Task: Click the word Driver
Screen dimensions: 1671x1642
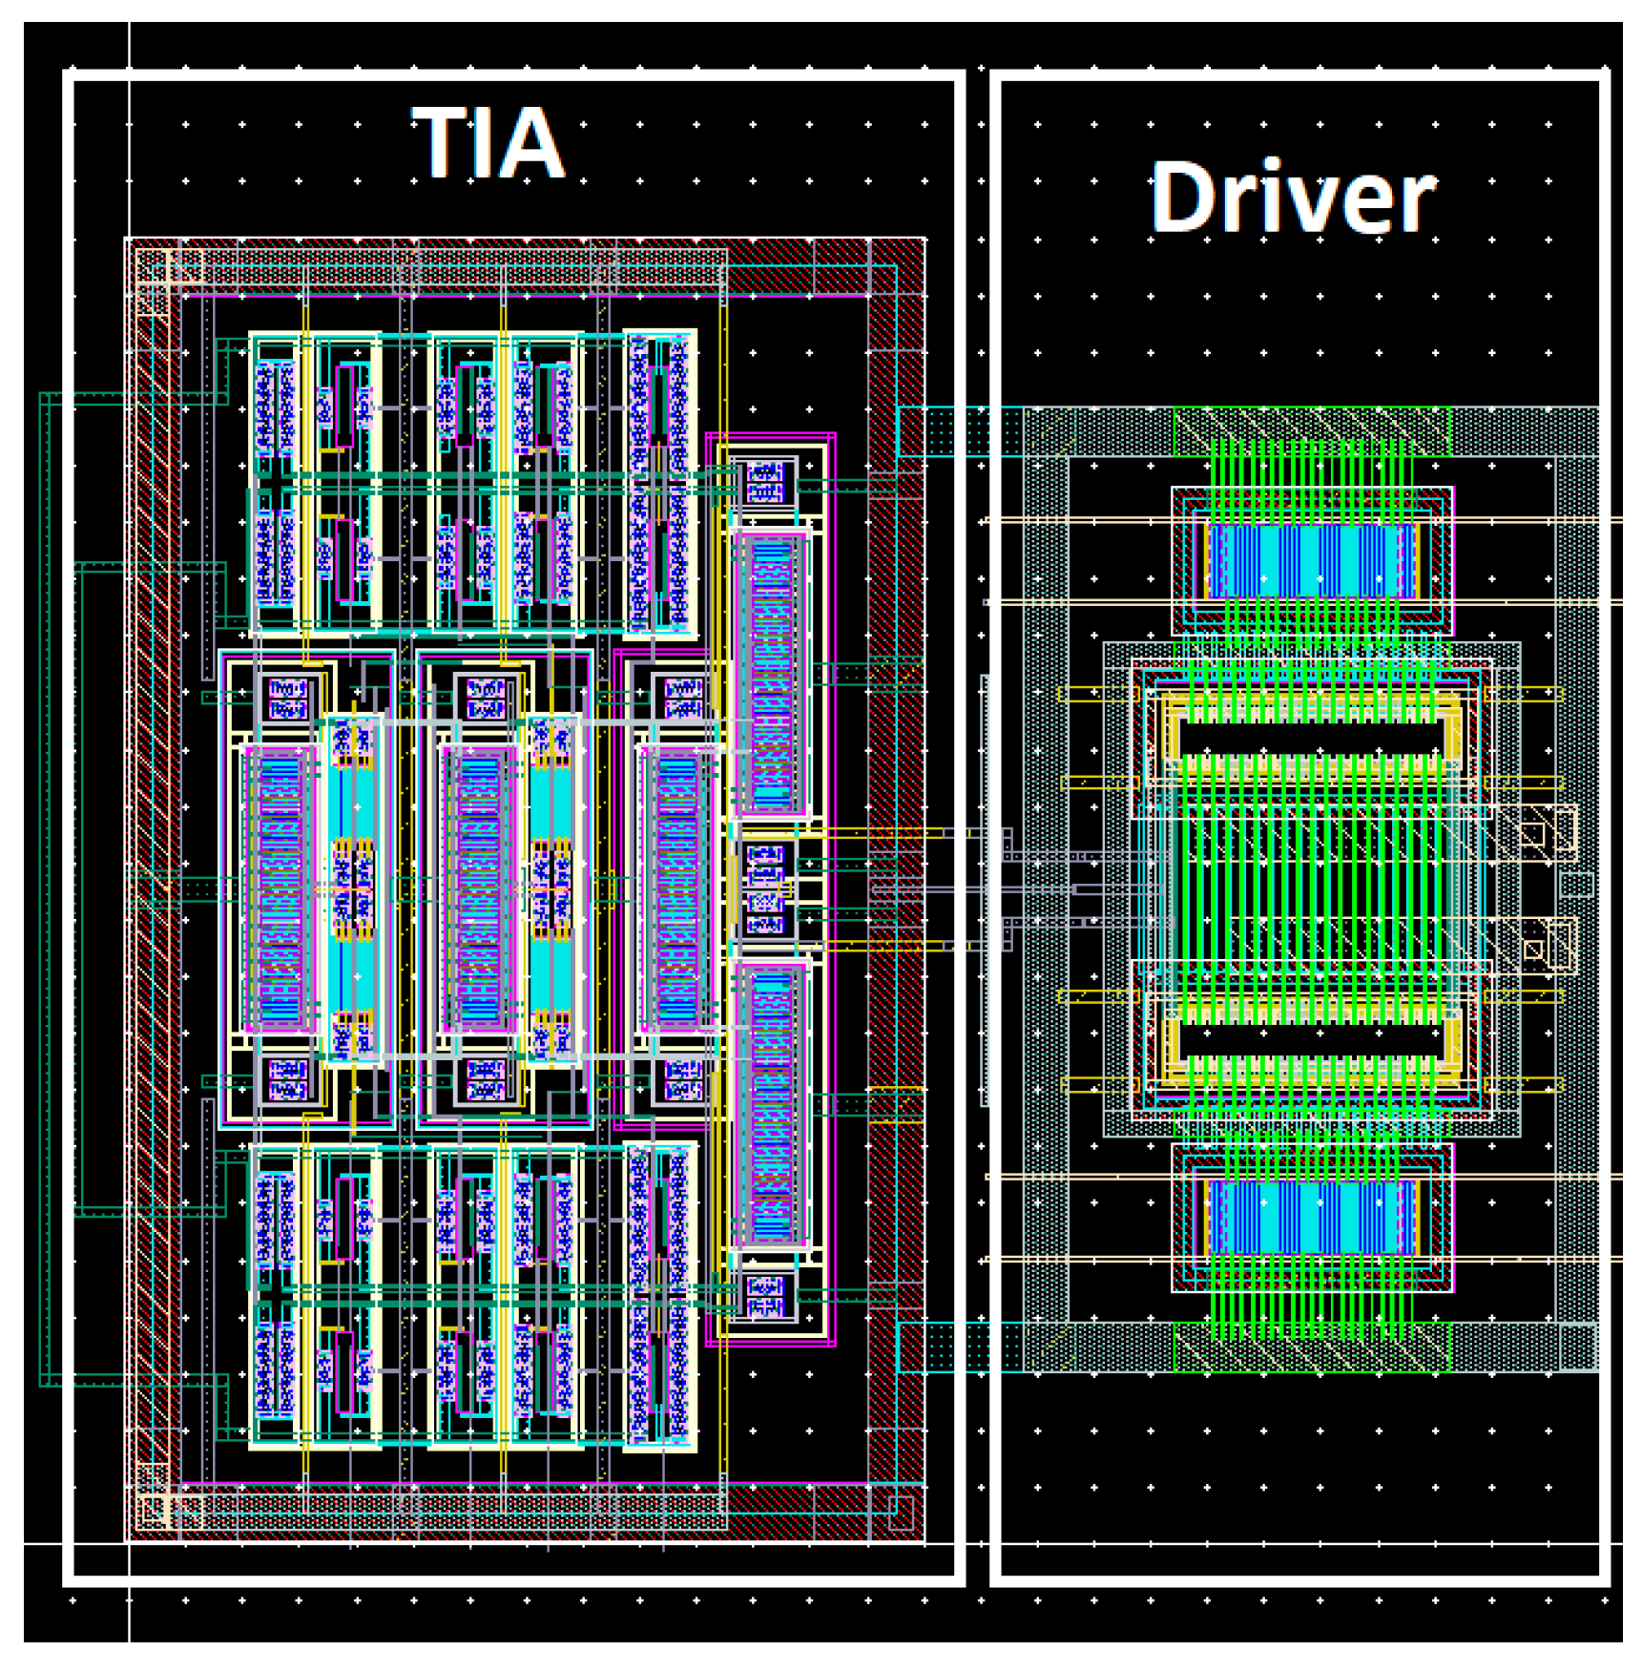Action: pos(1293,198)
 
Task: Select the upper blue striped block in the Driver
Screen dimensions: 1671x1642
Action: pos(1312,561)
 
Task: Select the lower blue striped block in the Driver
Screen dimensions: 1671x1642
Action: pos(1312,1217)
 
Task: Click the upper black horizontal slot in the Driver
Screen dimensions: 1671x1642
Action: pos(1311,738)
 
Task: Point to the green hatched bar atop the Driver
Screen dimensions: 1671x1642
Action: pos(1312,431)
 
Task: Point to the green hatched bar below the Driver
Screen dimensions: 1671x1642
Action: pos(1312,1346)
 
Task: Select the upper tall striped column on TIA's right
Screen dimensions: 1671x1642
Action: pos(771,673)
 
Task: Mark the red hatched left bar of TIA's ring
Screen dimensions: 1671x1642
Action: pos(153,888)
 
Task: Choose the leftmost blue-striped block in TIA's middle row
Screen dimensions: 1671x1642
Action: pos(280,888)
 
